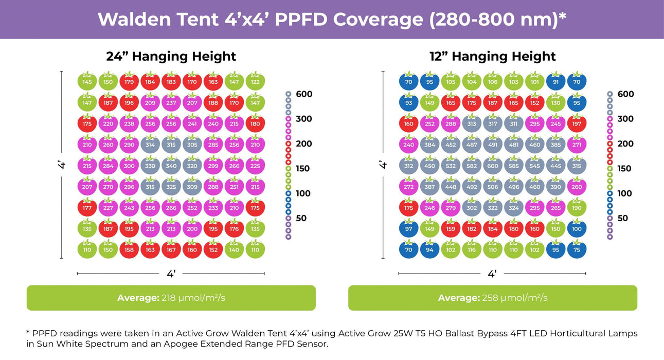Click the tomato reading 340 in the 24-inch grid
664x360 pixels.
171,166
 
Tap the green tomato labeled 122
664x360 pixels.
255,82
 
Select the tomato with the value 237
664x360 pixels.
171,103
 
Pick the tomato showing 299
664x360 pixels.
213,166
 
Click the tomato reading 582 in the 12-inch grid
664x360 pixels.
472,166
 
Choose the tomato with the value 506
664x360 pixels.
493,187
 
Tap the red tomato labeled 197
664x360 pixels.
577,124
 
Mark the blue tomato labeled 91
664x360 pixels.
555,82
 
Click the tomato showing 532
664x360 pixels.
451,166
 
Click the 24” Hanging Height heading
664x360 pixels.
171,56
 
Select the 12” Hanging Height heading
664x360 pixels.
492,56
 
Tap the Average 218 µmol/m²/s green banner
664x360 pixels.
171,298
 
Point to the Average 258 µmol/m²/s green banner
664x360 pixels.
492,298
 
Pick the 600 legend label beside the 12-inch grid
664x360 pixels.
625,94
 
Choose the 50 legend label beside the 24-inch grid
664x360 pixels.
301,218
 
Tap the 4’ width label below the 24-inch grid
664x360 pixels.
171,274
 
